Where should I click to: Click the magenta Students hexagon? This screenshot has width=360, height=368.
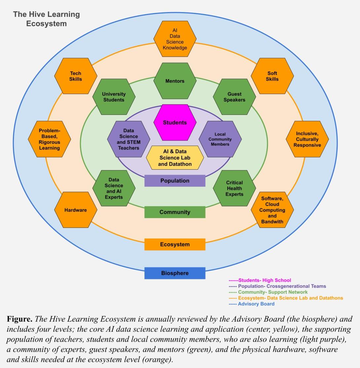[175, 123]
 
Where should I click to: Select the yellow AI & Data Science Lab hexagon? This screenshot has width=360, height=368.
[175, 158]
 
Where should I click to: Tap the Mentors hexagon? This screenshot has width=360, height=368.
[175, 81]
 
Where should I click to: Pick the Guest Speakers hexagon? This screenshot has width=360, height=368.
[234, 97]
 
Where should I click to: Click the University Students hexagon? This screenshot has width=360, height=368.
[114, 97]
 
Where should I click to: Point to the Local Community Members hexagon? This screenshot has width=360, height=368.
[220, 139]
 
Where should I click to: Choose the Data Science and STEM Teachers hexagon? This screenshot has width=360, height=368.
[128, 139]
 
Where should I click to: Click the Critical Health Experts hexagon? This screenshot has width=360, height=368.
[234, 188]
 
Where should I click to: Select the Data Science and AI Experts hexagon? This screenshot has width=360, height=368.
[114, 188]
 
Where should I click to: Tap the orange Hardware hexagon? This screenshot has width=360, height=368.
[76, 210]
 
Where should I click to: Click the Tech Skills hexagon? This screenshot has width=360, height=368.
[76, 76]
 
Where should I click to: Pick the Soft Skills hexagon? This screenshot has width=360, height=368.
[272, 76]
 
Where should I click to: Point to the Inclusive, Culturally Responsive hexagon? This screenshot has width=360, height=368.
[307, 139]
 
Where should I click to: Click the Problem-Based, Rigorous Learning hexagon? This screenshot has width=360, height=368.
[50, 139]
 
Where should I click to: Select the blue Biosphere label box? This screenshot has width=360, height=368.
[175, 273]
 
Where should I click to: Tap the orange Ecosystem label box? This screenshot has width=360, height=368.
[175, 244]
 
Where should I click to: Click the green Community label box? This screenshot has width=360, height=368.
[175, 212]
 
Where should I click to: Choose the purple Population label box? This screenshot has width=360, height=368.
[175, 181]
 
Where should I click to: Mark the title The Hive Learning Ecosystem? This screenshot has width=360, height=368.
[46, 19]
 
